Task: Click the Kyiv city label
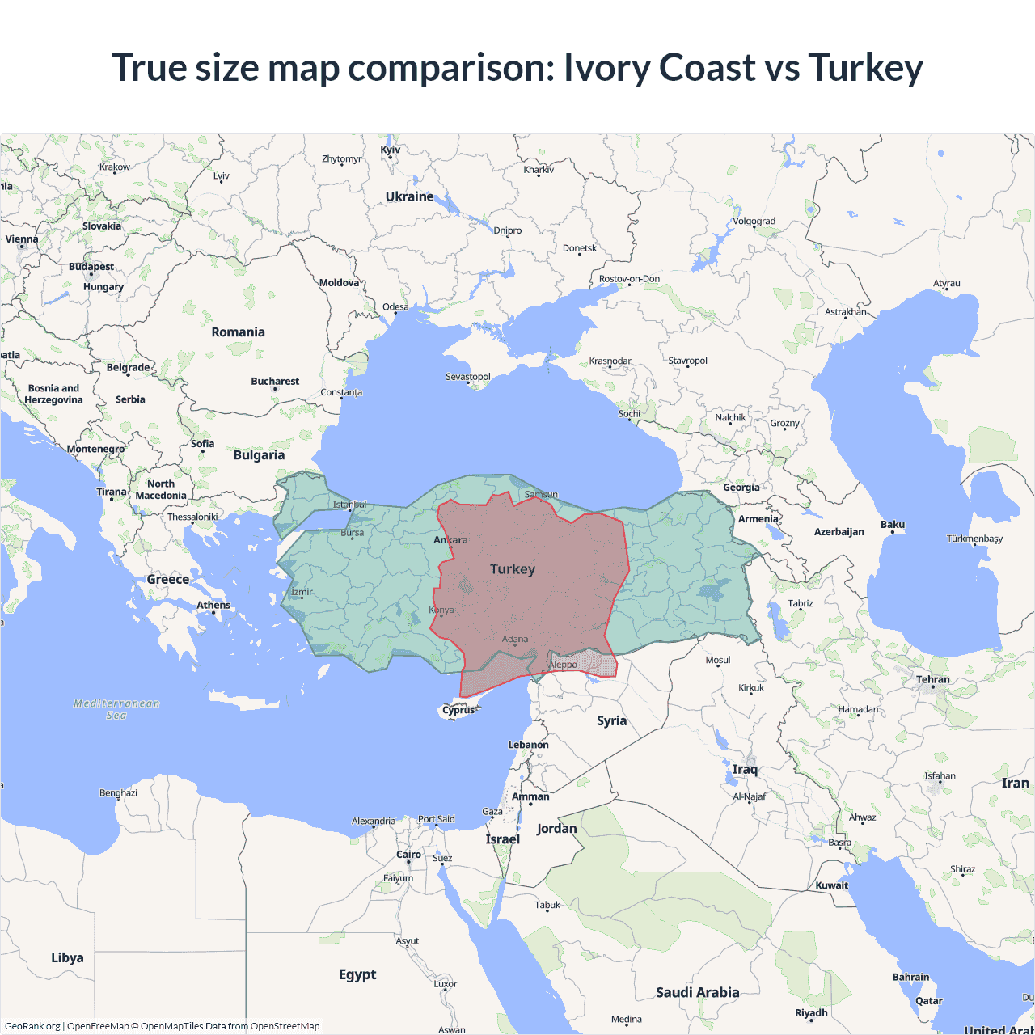[x=390, y=150]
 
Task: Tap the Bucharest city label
[x=275, y=381]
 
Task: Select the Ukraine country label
[x=409, y=196]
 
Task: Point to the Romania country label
[x=238, y=332]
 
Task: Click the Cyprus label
[x=458, y=710]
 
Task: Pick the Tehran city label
[x=932, y=679]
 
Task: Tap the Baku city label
[x=893, y=525]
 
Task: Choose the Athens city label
[x=213, y=605]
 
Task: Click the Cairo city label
[x=408, y=855]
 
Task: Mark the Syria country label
[x=611, y=720]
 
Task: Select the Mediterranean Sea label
[x=116, y=709]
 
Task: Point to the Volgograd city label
[x=754, y=221]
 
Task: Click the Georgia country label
[x=741, y=488]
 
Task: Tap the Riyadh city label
[x=811, y=1012]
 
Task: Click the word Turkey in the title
[x=865, y=67]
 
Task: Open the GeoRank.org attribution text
[x=32, y=1026]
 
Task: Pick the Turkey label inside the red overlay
[x=513, y=569]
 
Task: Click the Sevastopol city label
[x=468, y=377]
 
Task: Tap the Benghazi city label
[x=118, y=792]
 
